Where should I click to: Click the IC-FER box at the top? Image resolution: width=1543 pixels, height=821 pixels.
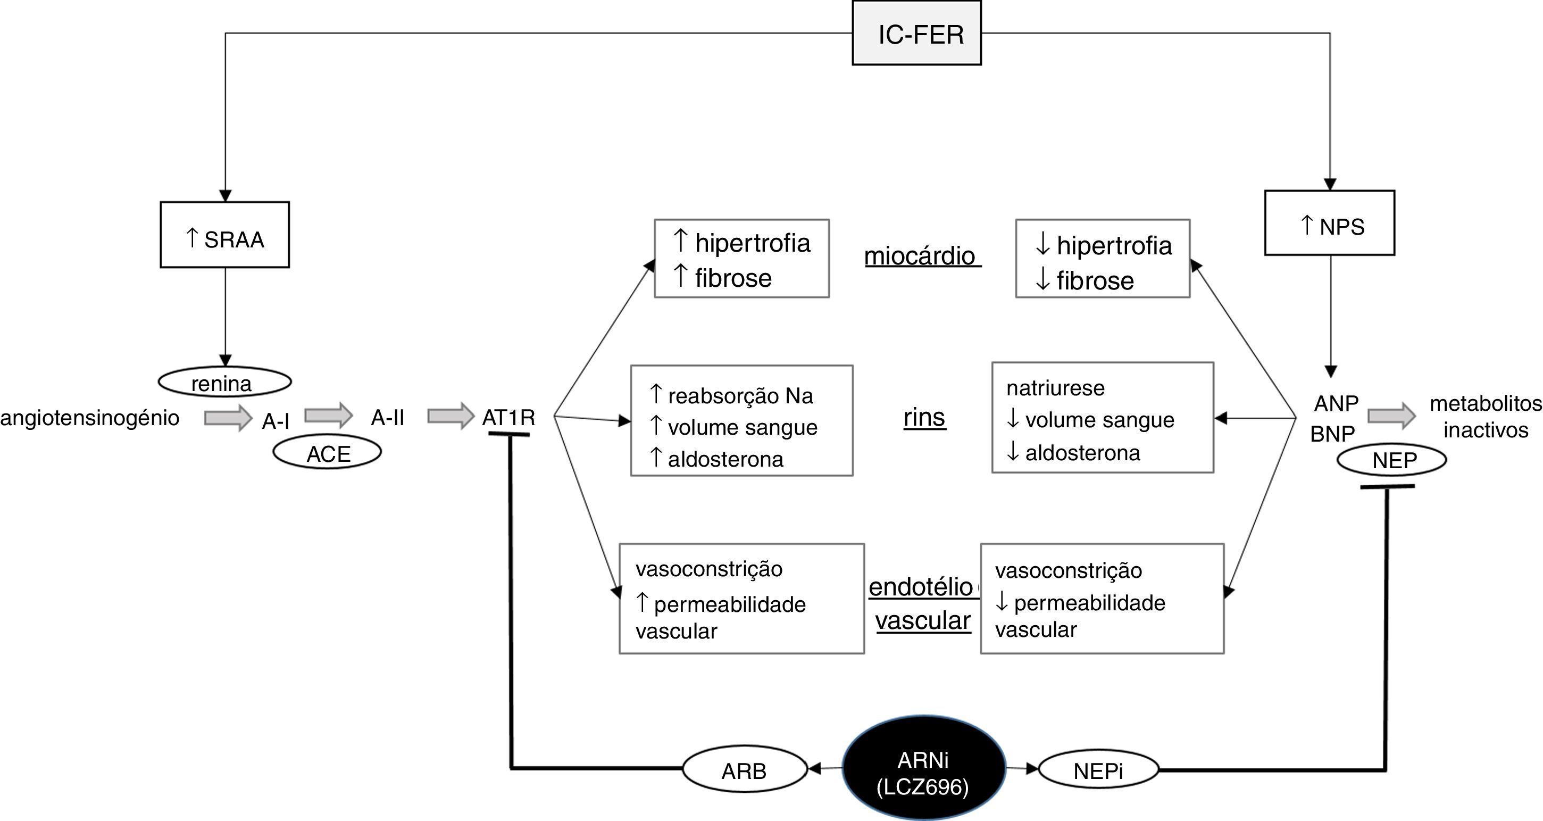click(916, 33)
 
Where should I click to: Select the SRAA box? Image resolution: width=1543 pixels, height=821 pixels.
click(224, 234)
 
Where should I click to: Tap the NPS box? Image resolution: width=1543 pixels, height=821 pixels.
click(1330, 223)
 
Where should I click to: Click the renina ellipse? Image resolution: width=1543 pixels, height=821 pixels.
click(224, 382)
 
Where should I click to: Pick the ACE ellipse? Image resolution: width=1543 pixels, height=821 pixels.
click(327, 452)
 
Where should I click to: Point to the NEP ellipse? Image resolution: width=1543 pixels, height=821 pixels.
click(1392, 460)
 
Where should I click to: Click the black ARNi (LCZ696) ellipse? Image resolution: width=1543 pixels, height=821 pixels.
click(924, 768)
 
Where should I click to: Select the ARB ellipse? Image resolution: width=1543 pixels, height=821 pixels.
click(745, 769)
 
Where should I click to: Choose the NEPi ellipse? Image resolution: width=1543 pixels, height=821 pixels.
click(1098, 769)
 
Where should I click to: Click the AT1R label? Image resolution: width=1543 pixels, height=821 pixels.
click(508, 417)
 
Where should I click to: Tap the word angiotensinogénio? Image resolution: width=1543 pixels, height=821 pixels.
click(90, 418)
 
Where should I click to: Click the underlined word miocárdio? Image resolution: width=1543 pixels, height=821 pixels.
click(920, 256)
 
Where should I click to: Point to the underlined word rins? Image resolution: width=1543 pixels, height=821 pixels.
click(924, 417)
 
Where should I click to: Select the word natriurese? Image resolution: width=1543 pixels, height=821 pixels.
click(1055, 388)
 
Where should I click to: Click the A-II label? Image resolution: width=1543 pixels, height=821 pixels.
click(388, 417)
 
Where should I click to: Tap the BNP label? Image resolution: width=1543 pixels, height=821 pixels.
click(1332, 434)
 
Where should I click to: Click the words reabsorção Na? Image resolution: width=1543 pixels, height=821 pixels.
click(740, 396)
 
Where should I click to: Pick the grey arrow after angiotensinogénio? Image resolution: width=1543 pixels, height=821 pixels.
click(228, 418)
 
